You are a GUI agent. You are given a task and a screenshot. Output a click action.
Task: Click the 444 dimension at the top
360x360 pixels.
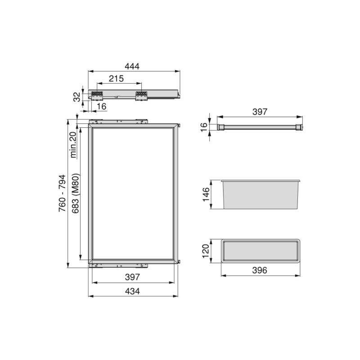coord(132,66)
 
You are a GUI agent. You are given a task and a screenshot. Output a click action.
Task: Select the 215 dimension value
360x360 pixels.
coord(116,79)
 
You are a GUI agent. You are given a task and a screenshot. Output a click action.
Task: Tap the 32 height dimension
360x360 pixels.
coord(76,96)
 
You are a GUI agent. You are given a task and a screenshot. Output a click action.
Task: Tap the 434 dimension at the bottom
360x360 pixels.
coord(132,291)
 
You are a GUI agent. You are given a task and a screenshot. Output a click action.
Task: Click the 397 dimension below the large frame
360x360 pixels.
coord(132,277)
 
